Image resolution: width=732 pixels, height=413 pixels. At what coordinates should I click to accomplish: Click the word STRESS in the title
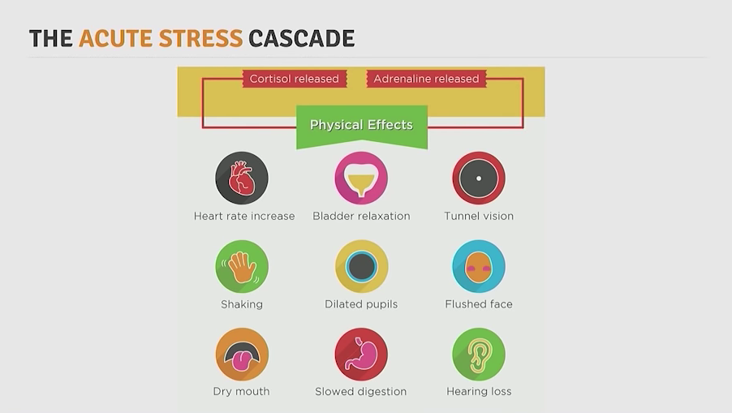coord(200,38)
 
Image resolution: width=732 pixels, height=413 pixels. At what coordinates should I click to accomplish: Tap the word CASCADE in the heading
coord(302,38)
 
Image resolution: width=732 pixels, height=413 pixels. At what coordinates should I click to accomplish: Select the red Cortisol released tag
coord(294,79)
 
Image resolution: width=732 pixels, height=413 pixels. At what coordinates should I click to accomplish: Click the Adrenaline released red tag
coord(426,79)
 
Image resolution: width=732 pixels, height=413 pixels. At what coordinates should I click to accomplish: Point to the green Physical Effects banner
coord(362,126)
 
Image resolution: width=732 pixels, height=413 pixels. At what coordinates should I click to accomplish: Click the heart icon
coord(242,178)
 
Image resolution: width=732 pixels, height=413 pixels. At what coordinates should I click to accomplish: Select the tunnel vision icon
coord(479,178)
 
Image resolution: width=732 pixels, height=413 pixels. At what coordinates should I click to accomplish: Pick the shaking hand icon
coord(242,266)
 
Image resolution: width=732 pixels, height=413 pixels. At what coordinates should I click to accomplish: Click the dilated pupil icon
coord(361,266)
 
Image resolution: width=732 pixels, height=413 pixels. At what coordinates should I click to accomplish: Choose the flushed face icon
coord(479,266)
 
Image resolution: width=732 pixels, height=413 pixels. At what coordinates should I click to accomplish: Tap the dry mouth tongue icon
coord(242,355)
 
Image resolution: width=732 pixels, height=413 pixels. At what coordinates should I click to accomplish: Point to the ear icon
coord(479,355)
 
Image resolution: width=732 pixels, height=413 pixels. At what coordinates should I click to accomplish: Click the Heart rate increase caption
coord(244,216)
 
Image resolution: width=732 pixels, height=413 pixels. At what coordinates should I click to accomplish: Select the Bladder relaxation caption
coord(361,216)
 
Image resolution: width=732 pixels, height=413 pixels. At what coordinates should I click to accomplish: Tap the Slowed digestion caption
coord(361,392)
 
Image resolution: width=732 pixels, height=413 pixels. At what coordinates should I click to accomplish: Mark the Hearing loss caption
coord(479,392)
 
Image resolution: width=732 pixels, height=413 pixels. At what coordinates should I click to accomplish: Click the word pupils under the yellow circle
coord(379,305)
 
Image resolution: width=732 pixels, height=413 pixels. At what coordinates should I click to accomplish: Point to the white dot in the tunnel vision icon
coord(479,179)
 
